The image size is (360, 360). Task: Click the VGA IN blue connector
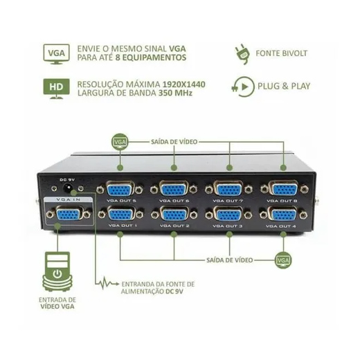69,215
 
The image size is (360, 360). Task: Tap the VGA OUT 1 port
120,215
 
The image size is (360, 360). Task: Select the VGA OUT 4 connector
283,215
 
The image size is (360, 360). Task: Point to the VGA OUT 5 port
120,189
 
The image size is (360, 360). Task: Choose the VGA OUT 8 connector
285,189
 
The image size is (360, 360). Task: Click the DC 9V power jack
67,188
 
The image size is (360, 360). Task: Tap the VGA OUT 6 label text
174,201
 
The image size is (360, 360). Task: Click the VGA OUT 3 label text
227,226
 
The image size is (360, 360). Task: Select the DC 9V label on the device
67,179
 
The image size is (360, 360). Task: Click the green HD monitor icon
56,89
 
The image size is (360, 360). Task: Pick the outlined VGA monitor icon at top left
56,55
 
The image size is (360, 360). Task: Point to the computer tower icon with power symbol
57,271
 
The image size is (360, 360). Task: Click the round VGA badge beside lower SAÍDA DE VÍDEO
283,260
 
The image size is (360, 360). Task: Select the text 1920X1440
184,84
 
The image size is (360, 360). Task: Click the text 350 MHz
175,93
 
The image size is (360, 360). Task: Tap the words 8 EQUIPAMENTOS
151,57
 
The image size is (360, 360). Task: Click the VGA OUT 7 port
228,189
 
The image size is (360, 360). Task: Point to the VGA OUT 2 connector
174,215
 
